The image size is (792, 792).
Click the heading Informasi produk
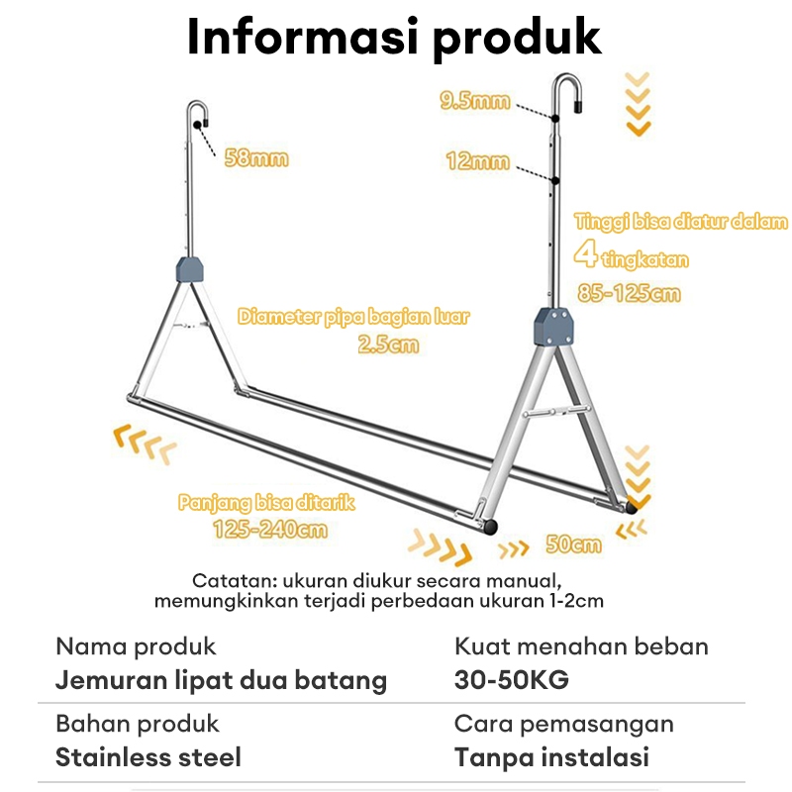click(395, 37)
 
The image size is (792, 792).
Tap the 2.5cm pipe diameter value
click(388, 346)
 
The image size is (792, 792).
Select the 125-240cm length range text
click(269, 530)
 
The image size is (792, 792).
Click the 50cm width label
click(573, 544)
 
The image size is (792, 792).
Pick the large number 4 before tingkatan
click(585, 257)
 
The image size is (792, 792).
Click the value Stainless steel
click(148, 758)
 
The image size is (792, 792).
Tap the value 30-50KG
click(512, 681)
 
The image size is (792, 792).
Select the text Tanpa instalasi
click(551, 758)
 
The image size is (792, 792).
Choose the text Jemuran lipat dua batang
click(221, 681)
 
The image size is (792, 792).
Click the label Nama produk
click(136, 647)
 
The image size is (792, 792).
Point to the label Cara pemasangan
click(563, 724)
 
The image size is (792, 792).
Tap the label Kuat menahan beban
click(581, 647)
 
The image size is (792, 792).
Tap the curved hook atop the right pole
click(563, 92)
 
